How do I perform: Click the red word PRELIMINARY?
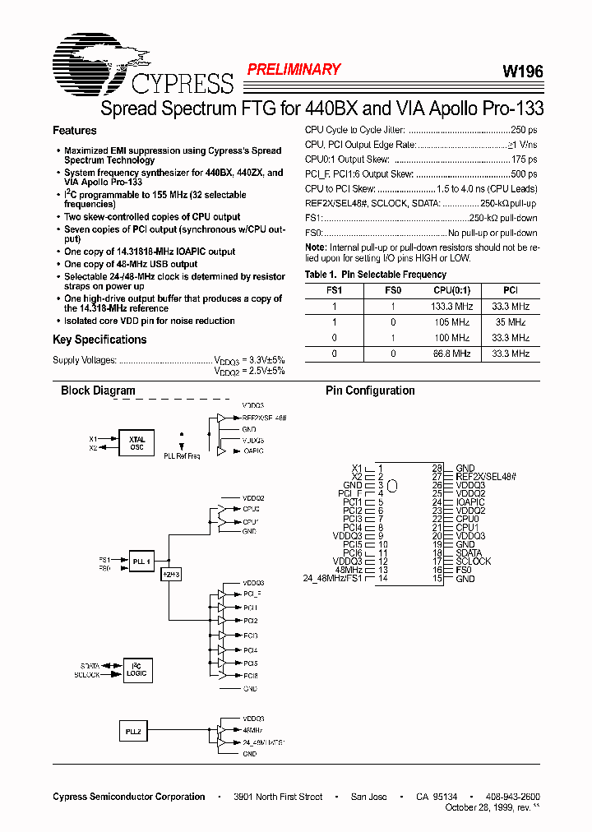[x=294, y=70]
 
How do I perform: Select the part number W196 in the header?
[x=522, y=72]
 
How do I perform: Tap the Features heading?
[x=75, y=131]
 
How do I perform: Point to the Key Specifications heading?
[x=99, y=340]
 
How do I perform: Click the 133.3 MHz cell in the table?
[x=451, y=307]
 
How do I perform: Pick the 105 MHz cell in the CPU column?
[x=451, y=322]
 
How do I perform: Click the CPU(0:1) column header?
[x=451, y=290]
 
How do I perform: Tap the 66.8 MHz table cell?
[x=451, y=354]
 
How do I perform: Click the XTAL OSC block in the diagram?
[x=136, y=443]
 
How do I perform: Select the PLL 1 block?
[x=141, y=562]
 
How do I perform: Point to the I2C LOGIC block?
[x=136, y=670]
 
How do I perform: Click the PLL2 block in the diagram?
[x=133, y=731]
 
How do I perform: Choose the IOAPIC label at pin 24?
[x=470, y=502]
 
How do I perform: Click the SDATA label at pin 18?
[x=469, y=553]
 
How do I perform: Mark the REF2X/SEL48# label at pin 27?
[x=485, y=477]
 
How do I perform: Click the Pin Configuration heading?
[x=370, y=391]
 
